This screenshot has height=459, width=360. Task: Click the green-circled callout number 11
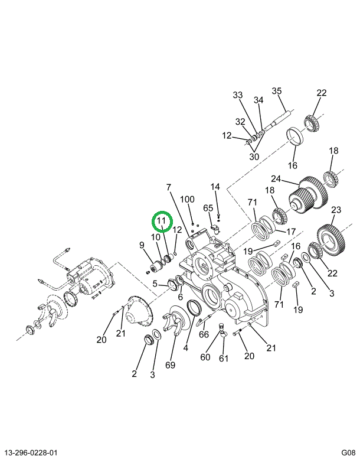(x=162, y=221)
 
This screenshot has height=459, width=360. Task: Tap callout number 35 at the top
(x=277, y=91)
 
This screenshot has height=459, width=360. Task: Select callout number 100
(x=187, y=199)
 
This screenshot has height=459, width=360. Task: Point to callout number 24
(x=276, y=178)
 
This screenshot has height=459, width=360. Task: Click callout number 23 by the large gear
(x=336, y=210)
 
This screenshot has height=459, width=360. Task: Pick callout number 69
(x=170, y=365)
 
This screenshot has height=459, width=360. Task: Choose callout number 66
(x=204, y=334)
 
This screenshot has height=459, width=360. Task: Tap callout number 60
(x=205, y=357)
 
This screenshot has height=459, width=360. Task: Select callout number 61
(x=224, y=359)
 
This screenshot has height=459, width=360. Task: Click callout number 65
(x=208, y=208)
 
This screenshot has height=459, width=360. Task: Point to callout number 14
(x=215, y=187)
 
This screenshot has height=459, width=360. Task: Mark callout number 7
(x=169, y=187)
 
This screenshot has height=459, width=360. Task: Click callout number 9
(x=142, y=245)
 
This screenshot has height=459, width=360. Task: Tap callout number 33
(x=238, y=95)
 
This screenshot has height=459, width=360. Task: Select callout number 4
(x=186, y=348)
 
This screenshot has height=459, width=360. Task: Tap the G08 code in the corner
(x=348, y=453)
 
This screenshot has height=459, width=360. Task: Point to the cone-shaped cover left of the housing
(x=139, y=312)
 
